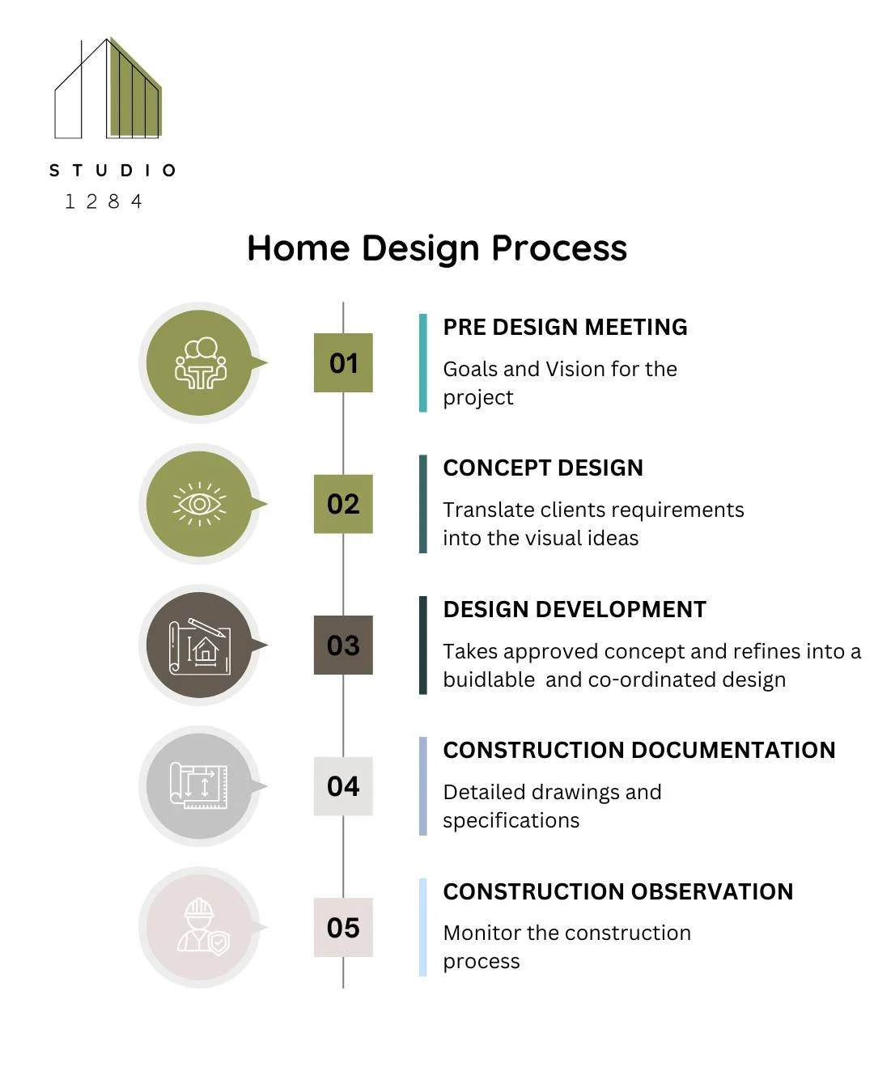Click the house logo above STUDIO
[x=108, y=89]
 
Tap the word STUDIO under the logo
[x=112, y=171]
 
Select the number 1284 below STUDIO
[x=104, y=201]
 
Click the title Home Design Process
[x=437, y=248]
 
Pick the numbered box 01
[x=343, y=363]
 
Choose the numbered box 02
[x=343, y=504]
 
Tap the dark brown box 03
[x=343, y=645]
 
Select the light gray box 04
[x=343, y=786]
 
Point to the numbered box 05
[x=343, y=928]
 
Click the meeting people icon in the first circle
[x=200, y=363]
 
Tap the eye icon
[x=199, y=504]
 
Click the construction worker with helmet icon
[x=202, y=927]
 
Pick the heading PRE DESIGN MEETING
[x=565, y=327]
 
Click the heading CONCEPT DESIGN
[x=543, y=468]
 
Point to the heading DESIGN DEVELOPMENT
[x=575, y=609]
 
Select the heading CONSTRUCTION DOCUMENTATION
[x=639, y=751]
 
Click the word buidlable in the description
[x=489, y=680]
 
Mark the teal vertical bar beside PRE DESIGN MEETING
[x=422, y=363]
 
